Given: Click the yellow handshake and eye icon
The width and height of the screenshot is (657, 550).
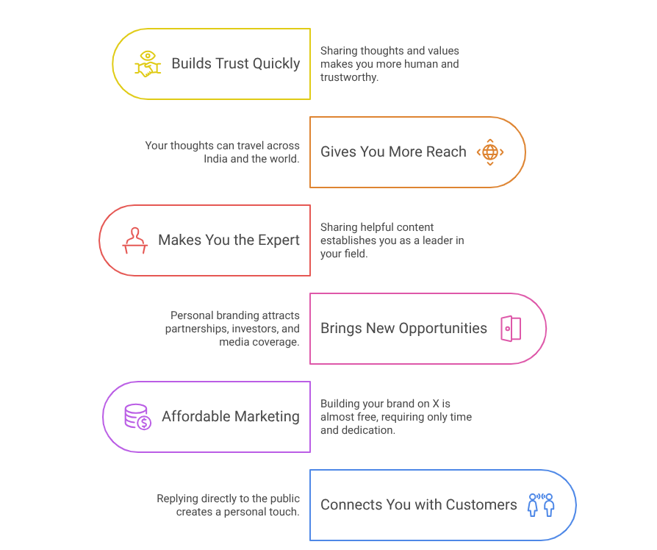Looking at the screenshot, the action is pyautogui.click(x=148, y=64).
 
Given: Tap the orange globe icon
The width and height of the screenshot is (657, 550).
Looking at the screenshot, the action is pyautogui.click(x=490, y=152).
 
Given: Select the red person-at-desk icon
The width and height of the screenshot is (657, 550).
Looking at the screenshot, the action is pyautogui.click(x=134, y=240).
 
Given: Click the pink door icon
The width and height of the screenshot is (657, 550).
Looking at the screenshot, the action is pyautogui.click(x=511, y=329).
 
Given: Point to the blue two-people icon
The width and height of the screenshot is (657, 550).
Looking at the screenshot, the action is pyautogui.click(x=541, y=504).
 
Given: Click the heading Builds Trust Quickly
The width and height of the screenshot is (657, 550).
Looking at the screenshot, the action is pyautogui.click(x=236, y=64).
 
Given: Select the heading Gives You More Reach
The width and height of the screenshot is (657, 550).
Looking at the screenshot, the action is pyautogui.click(x=393, y=151).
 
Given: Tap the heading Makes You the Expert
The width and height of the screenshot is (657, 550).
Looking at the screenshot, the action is pyautogui.click(x=229, y=240).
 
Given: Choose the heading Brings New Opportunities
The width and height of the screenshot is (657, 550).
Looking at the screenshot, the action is pyautogui.click(x=404, y=328).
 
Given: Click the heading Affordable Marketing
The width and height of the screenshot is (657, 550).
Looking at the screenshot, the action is pyautogui.click(x=231, y=416).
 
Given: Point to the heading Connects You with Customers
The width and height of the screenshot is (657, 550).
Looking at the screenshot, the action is pyautogui.click(x=419, y=504).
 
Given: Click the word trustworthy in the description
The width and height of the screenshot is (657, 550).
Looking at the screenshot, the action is pyautogui.click(x=349, y=77).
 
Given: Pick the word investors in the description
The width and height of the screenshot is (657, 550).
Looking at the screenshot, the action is pyautogui.click(x=255, y=329).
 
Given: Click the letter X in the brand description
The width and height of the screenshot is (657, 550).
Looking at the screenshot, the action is pyautogui.click(x=436, y=404).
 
